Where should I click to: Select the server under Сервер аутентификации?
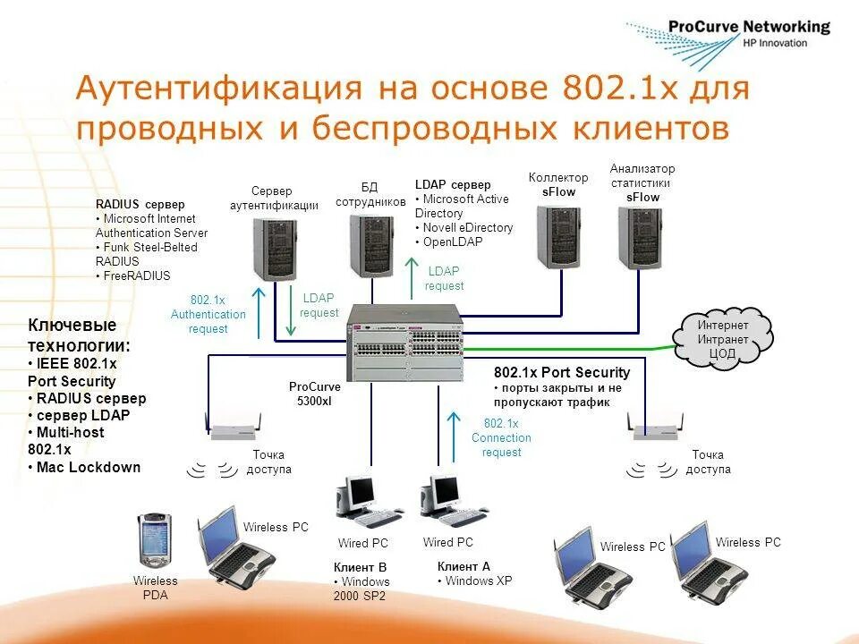pos(275,247)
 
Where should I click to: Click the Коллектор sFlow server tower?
pos(558,235)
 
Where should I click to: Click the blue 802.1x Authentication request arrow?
pos(259,313)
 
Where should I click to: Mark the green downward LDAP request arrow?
pos(290,310)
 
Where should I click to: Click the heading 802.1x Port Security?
pos(562,372)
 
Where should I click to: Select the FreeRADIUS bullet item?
pos(135,275)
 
